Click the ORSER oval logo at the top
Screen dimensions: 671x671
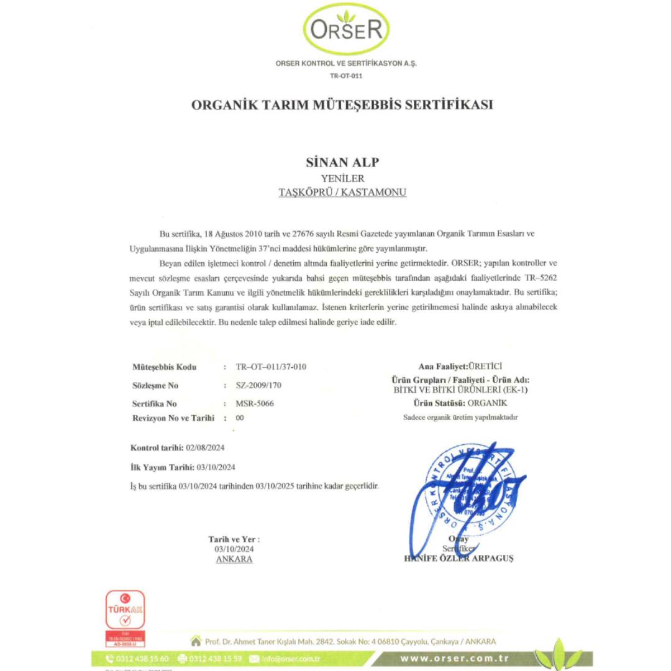point(347,29)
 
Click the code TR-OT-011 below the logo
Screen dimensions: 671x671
point(346,76)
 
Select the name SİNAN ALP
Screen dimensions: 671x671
point(342,163)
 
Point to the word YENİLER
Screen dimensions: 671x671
point(342,179)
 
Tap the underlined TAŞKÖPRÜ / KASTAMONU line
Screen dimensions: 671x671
point(342,193)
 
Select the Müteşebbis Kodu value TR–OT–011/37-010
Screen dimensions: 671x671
point(271,367)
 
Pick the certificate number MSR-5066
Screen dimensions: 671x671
point(255,403)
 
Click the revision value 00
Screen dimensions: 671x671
point(240,418)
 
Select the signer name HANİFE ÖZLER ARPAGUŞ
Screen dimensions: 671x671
point(459,558)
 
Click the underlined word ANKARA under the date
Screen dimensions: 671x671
point(234,559)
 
